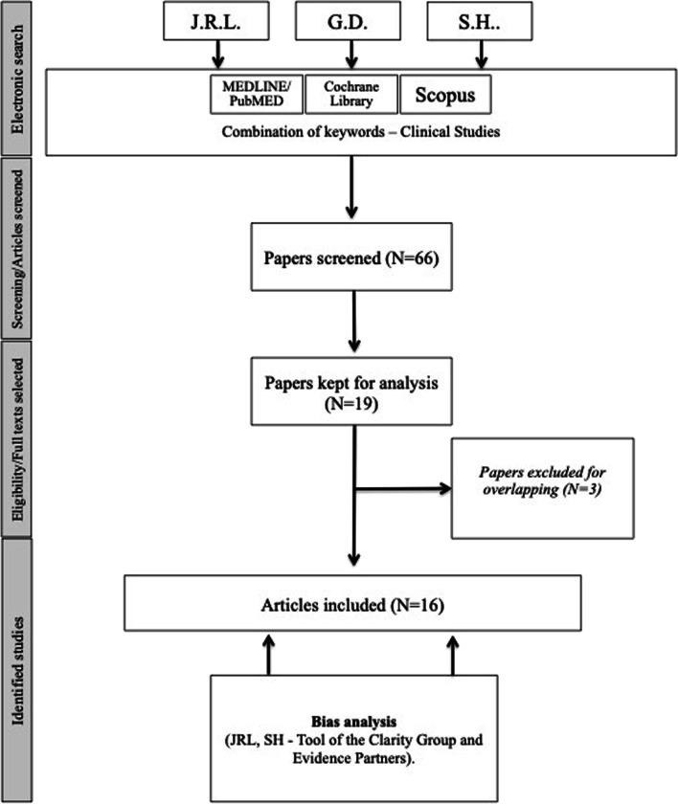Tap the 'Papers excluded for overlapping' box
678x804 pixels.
[542, 488]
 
